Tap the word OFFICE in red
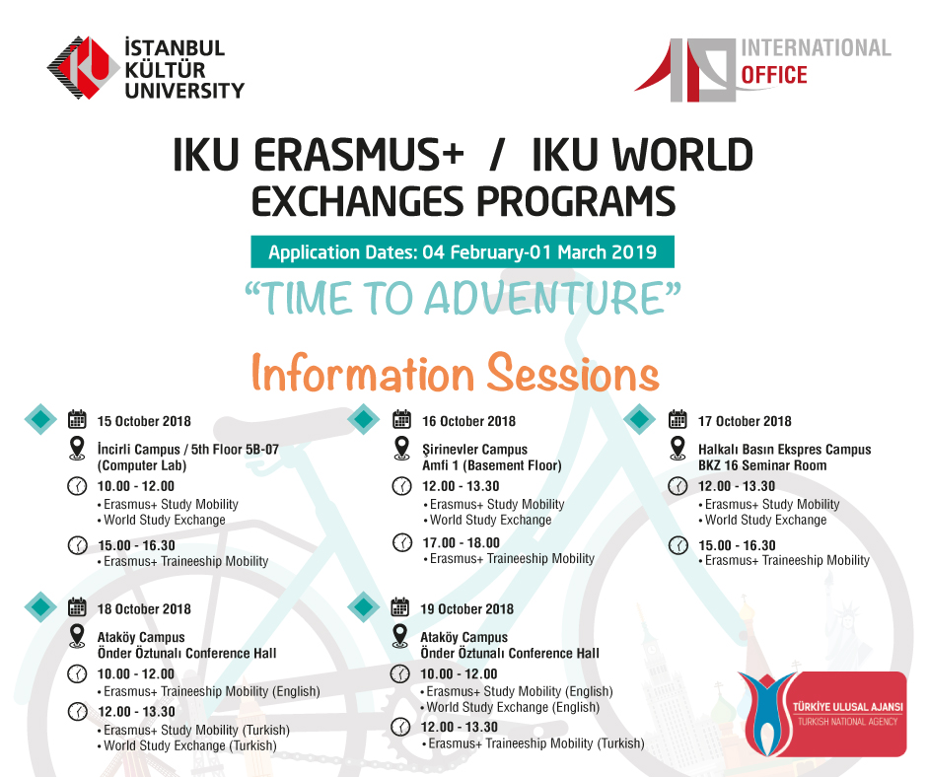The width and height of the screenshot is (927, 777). pyautogui.click(x=774, y=75)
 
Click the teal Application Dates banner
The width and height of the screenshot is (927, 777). pyautogui.click(x=463, y=251)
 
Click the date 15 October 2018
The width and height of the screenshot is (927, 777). pyautogui.click(x=144, y=421)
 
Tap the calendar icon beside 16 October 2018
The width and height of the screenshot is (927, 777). pyautogui.click(x=402, y=419)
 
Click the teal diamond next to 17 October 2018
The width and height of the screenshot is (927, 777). pyautogui.click(x=640, y=419)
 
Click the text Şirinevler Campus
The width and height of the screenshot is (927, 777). pyautogui.click(x=474, y=450)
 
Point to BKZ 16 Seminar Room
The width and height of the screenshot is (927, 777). pyautogui.click(x=762, y=465)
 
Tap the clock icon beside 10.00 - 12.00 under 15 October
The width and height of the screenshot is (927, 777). pyautogui.click(x=78, y=487)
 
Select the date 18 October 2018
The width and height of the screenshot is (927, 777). pyautogui.click(x=144, y=609)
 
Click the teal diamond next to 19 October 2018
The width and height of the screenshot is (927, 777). pyautogui.click(x=364, y=606)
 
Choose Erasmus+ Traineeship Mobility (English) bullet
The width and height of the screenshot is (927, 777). pyautogui.click(x=209, y=691)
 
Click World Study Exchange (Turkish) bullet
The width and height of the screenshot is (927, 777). pyautogui.click(x=187, y=745)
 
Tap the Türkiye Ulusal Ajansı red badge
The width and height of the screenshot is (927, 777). pyautogui.click(x=822, y=714)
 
